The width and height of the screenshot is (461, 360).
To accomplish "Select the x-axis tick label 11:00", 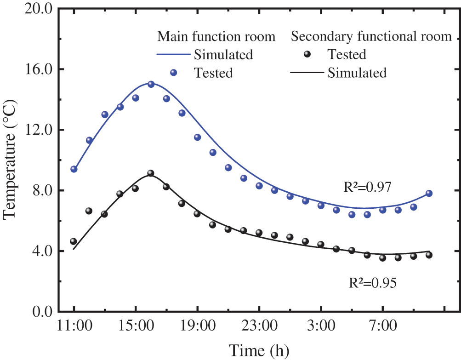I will [74, 328].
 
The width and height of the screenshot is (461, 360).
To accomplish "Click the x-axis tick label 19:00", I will [197, 328].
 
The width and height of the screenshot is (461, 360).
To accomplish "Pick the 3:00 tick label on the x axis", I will [321, 328].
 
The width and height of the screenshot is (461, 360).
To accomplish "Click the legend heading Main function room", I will [216, 36].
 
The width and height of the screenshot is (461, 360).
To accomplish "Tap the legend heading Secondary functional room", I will [371, 36].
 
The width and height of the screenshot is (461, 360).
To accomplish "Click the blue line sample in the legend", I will [173, 55].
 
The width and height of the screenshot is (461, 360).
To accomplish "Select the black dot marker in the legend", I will [308, 54].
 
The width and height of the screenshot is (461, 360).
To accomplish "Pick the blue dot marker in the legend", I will [174, 73].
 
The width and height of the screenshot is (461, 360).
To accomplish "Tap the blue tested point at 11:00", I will [74, 169].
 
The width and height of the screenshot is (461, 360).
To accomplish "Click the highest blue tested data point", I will [151, 84].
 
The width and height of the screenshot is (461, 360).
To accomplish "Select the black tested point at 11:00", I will [74, 241].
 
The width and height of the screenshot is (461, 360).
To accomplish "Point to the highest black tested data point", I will [151, 173].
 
